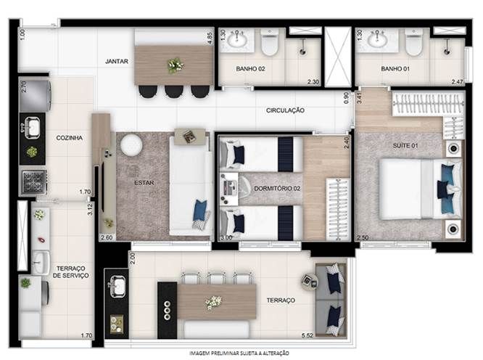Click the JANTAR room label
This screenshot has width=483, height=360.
pyautogui.click(x=117, y=62)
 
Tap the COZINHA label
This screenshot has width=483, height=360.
pyautogui.click(x=70, y=138)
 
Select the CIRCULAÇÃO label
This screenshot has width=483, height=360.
pyautogui.click(x=285, y=110)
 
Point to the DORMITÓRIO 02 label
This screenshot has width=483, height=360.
pyautogui.click(x=277, y=188)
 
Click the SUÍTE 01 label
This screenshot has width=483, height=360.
pyautogui.click(x=405, y=145)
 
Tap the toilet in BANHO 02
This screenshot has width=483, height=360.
pyautogui.click(x=270, y=42)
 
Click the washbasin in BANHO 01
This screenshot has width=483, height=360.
pyautogui.click(x=376, y=38)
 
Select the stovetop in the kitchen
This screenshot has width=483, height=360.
pyautogui.click(x=33, y=182)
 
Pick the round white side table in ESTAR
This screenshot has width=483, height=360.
pyautogui.click(x=131, y=144)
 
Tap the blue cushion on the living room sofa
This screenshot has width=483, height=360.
pyautogui.click(x=200, y=210)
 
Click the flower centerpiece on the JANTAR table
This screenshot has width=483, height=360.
pyautogui.click(x=176, y=65)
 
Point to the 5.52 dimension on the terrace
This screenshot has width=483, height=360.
pyautogui.click(x=307, y=335)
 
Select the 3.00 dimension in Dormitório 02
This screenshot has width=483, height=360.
pyautogui.click(x=226, y=237)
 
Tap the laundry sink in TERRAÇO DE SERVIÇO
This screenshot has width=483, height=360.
pyautogui.click(x=41, y=262)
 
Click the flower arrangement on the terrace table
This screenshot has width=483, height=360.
pyautogui.click(x=213, y=302)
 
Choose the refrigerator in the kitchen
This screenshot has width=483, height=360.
pyautogui.click(x=35, y=96)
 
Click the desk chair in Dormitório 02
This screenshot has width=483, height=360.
pyautogui.click(x=245, y=187)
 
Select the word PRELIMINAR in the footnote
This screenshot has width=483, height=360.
pyautogui.click(x=225, y=353)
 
